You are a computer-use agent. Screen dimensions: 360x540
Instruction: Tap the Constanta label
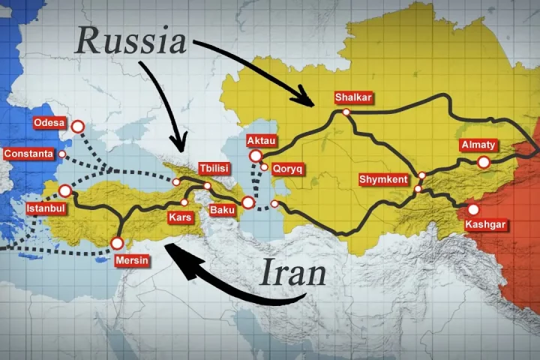28,154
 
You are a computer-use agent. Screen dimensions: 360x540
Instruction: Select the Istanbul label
46,207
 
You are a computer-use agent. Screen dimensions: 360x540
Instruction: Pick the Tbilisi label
214,168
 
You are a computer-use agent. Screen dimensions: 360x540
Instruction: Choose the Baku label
222,210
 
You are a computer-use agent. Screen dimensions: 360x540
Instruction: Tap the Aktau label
262,140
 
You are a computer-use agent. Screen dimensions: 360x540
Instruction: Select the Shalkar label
354,97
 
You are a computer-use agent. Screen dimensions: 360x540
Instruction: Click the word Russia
130,41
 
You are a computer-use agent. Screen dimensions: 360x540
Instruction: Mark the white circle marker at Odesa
77,127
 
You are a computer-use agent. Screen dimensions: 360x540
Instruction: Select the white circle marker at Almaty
484,162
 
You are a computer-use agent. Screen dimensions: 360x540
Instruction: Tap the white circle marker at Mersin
117,243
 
